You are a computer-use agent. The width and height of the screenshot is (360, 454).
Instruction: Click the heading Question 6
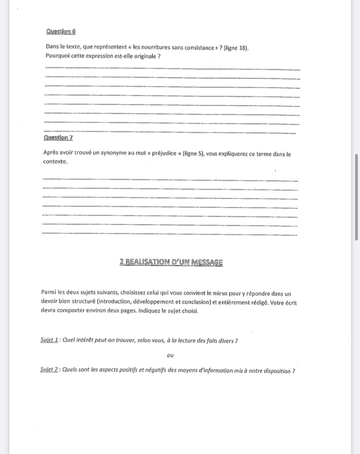click(61, 32)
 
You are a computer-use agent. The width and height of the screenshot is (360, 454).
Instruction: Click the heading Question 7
click(58, 137)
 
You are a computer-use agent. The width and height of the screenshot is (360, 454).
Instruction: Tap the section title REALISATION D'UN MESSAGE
click(171, 262)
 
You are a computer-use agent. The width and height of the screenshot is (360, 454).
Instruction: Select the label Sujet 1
click(49, 340)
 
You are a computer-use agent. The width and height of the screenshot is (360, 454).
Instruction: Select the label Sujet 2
click(49, 371)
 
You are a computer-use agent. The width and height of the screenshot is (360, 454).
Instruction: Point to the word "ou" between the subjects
click(170, 356)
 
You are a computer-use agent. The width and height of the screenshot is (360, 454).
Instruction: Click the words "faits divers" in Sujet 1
click(219, 340)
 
